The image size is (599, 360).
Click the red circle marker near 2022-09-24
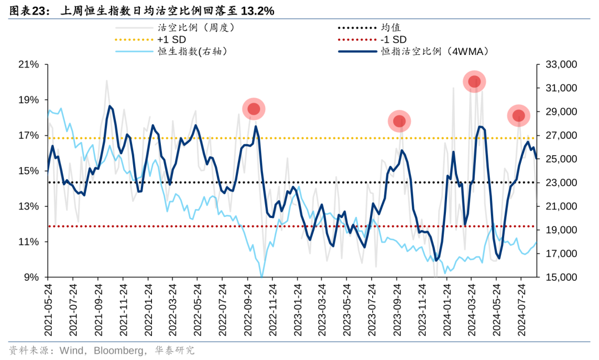tap(254, 109)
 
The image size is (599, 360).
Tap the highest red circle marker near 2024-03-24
tap(474, 82)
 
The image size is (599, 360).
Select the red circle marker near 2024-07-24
tap(519, 115)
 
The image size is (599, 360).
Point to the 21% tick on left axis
tap(29, 65)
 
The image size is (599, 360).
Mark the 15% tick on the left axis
tap(29, 171)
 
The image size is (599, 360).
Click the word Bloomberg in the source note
tap(116, 351)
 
